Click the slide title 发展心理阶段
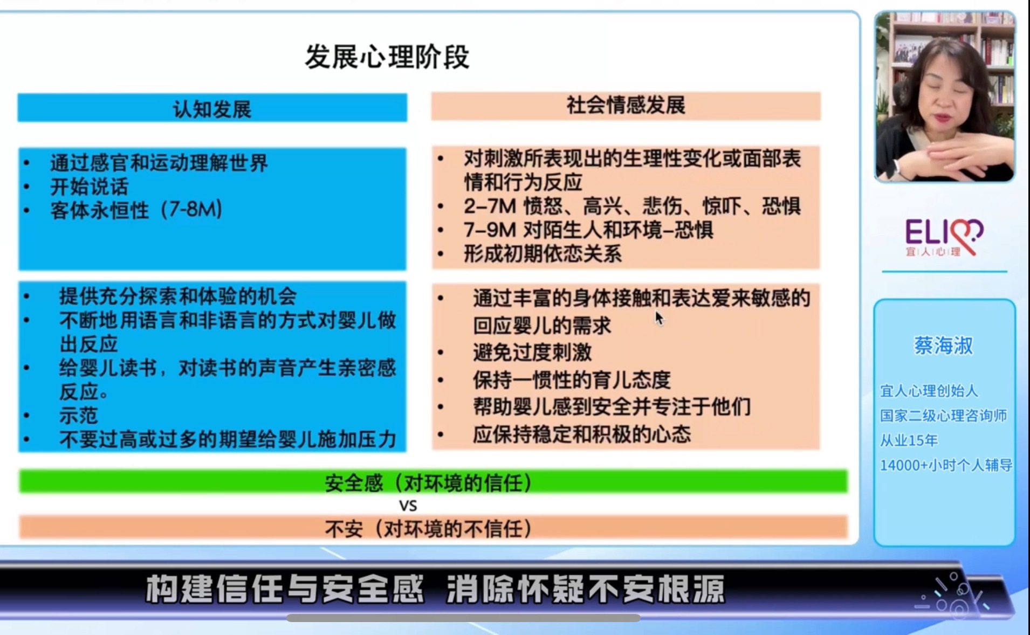click(387, 57)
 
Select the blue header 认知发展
click(212, 108)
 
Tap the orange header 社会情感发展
click(626, 106)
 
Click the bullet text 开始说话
click(90, 187)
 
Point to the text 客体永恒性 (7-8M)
click(136, 210)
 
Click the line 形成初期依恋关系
click(543, 254)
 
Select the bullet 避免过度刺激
click(532, 353)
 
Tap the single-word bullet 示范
click(79, 416)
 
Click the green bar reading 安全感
click(433, 482)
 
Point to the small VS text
click(408, 506)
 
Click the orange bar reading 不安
click(433, 528)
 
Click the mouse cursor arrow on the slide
click(659, 318)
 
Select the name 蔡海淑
click(943, 346)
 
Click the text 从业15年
click(909, 440)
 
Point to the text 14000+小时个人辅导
click(946, 465)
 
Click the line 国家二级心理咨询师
click(944, 416)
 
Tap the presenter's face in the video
click(945, 97)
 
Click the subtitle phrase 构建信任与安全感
click(285, 589)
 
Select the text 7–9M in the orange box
click(490, 230)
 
